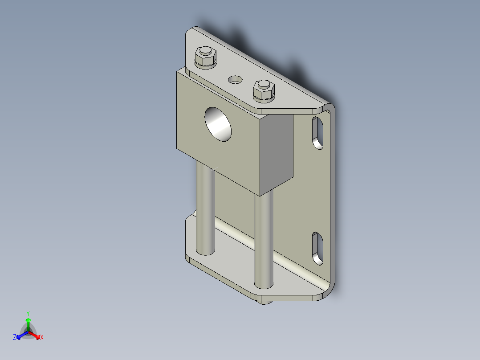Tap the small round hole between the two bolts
click(x=235, y=80)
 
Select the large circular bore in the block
click(x=219, y=124)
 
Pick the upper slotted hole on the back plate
click(x=317, y=133)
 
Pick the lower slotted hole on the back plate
click(x=318, y=248)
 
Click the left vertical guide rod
click(x=205, y=209)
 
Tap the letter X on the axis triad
click(x=42, y=338)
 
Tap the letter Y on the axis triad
click(x=28, y=313)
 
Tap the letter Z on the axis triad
click(x=15, y=337)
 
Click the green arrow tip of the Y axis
click(x=28, y=320)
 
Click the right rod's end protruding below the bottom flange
click(x=265, y=302)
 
